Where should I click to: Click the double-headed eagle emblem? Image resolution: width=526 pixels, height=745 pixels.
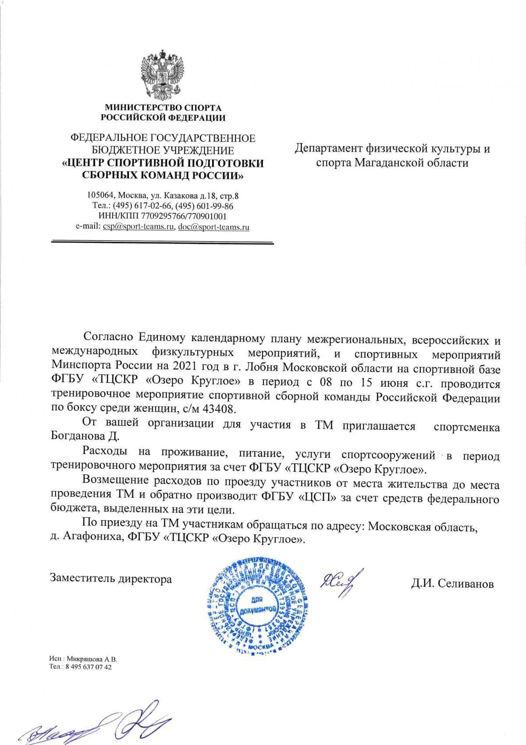point(163,75)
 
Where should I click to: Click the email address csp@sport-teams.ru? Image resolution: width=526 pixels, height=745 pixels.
point(139,227)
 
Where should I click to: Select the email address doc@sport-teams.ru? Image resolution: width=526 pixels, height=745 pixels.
point(214,227)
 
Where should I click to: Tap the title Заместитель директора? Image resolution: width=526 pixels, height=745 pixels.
point(111,579)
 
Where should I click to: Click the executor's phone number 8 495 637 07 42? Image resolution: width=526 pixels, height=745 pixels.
point(87,667)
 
